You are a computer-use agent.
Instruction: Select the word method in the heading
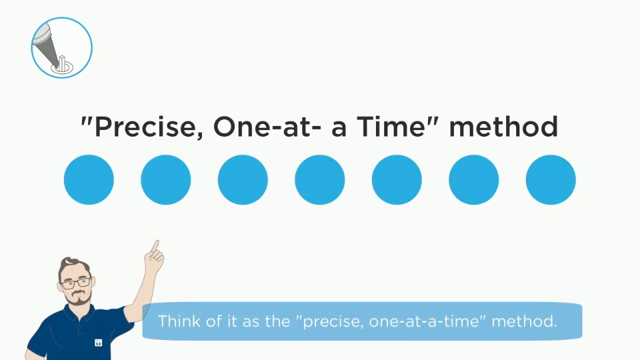(503, 127)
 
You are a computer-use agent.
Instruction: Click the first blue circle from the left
(89, 179)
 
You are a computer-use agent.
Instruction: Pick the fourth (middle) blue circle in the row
(319, 179)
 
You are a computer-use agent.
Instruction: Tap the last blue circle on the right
(551, 179)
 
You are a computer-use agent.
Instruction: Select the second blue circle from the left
(166, 179)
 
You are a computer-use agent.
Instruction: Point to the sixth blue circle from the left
(473, 179)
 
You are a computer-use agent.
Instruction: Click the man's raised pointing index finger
(155, 246)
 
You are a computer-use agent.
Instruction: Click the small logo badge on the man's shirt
(99, 343)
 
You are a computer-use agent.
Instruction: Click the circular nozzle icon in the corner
(61, 48)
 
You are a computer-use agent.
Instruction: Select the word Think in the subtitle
(179, 321)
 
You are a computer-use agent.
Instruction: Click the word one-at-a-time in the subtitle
(427, 321)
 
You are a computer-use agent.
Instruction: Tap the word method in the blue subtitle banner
(524, 321)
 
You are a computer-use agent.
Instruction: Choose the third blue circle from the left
(243, 179)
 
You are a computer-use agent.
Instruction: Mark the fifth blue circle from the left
(397, 179)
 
